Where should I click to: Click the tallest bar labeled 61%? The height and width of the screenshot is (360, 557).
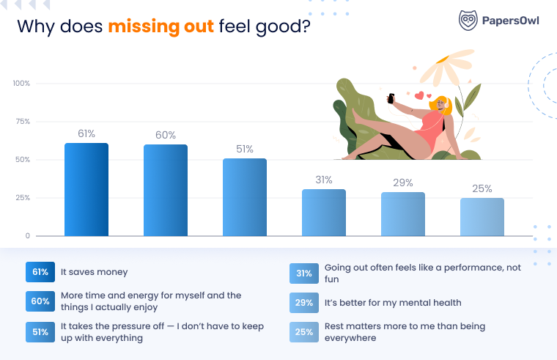point(86,189)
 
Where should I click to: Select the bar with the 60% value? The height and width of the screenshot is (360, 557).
point(166,190)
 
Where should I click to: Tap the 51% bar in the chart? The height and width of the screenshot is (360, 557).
point(245,197)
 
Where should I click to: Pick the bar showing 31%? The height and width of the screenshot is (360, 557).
point(324,213)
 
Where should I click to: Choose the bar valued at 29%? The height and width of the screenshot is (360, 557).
point(403,214)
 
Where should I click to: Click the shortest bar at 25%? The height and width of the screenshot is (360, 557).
point(482,217)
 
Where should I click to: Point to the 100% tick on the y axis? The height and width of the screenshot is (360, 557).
point(22,83)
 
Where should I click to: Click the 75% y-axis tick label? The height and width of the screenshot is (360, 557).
point(23,122)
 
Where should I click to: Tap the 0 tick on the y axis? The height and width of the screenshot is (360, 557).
point(27,235)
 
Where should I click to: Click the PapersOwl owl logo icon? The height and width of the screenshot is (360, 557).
point(468,20)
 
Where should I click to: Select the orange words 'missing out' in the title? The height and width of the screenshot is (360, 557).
point(161,26)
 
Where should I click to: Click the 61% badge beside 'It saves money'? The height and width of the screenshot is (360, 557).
point(40,272)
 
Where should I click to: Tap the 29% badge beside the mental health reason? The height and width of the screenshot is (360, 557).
point(304,303)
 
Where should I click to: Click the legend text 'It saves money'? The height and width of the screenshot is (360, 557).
point(94,272)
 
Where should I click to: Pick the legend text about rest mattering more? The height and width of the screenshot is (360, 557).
point(405,332)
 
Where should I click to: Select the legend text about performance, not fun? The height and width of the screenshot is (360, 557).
point(423,273)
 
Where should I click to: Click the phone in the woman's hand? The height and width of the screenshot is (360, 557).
point(391,98)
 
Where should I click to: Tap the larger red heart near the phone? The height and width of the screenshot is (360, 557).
point(419,95)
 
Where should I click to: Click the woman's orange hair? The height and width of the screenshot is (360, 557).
point(441,106)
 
